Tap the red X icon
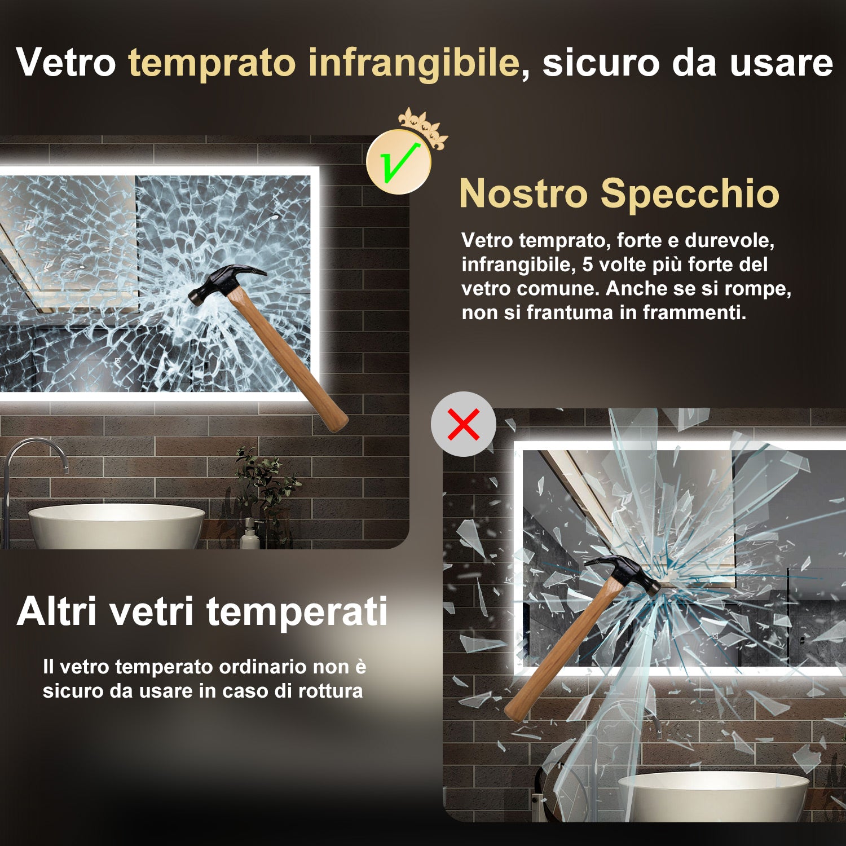(464, 424)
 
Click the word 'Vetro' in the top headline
(66, 62)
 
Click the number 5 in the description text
(588, 265)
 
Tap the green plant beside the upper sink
(265, 485)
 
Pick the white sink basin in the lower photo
(713, 795)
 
